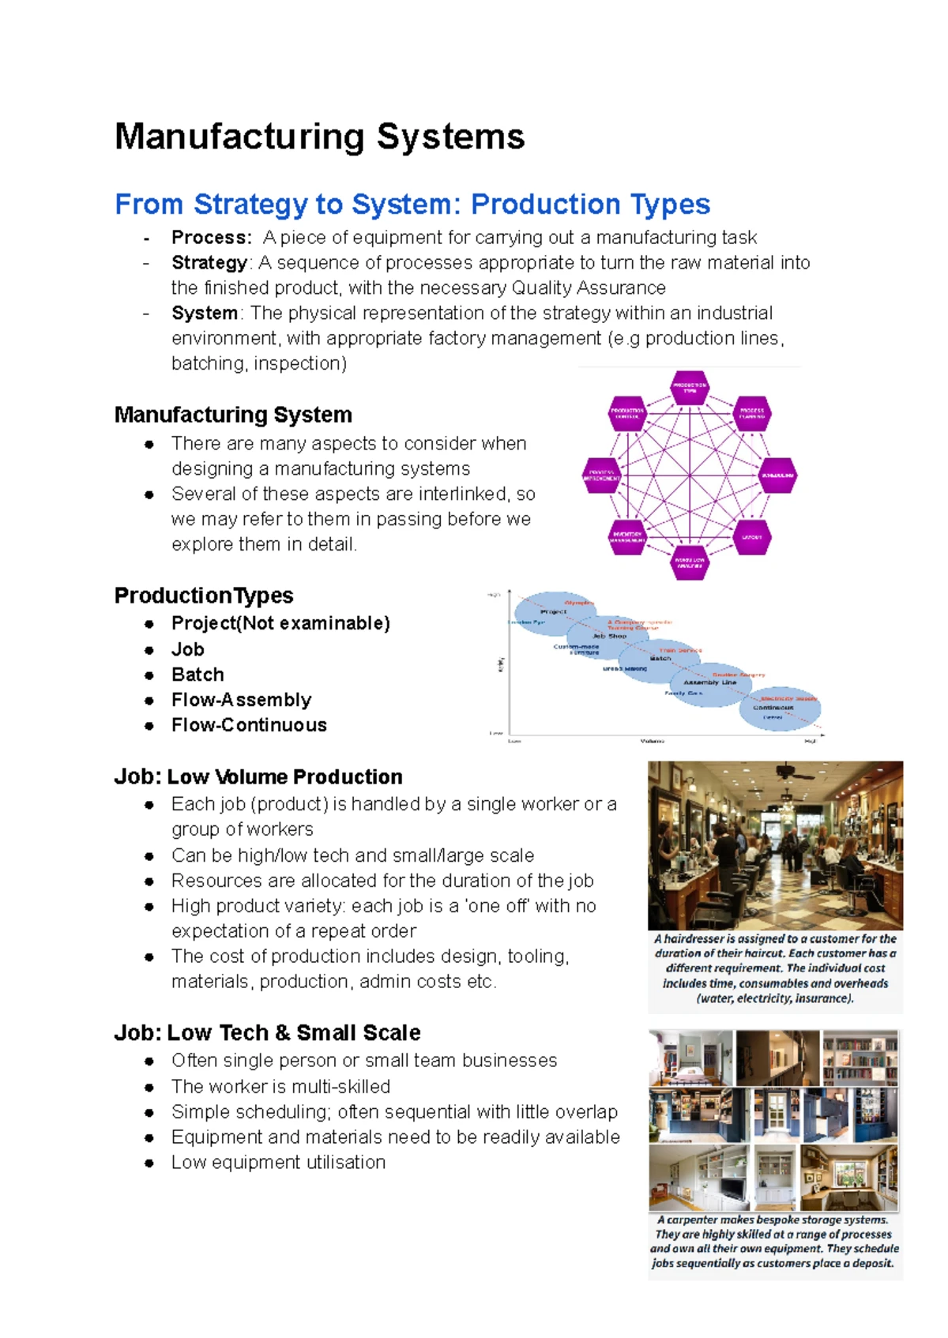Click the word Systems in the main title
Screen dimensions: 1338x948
450,137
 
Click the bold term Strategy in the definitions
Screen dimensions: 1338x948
209,262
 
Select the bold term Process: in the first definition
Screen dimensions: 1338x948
212,237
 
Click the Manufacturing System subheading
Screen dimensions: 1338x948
233,415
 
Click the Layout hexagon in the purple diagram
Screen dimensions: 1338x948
751,537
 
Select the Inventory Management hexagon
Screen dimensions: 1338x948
628,537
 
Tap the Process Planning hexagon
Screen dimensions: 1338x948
751,413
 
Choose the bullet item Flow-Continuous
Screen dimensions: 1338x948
249,725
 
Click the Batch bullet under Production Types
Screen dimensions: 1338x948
197,675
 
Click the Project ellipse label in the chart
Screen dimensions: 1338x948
553,611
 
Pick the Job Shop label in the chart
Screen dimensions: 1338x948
609,636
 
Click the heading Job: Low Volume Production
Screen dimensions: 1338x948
258,776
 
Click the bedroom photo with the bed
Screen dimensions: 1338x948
690,1058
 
